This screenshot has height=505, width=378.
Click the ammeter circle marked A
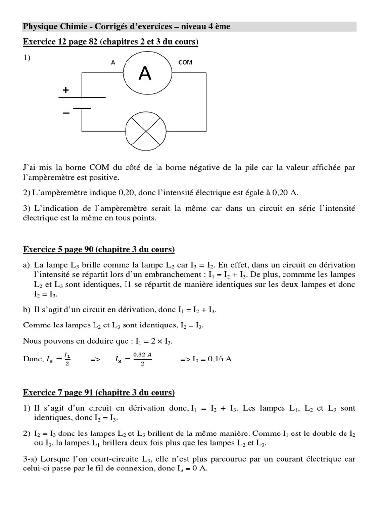[145, 73]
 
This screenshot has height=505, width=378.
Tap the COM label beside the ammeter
[186, 62]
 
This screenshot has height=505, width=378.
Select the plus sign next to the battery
[65, 90]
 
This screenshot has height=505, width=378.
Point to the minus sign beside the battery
[65, 113]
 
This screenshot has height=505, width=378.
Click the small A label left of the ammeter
[113, 62]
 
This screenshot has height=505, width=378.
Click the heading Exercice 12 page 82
[111, 43]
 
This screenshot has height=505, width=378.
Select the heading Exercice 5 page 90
[99, 250]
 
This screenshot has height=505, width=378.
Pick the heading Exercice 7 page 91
[99, 393]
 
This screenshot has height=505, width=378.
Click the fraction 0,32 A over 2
[141, 359]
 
